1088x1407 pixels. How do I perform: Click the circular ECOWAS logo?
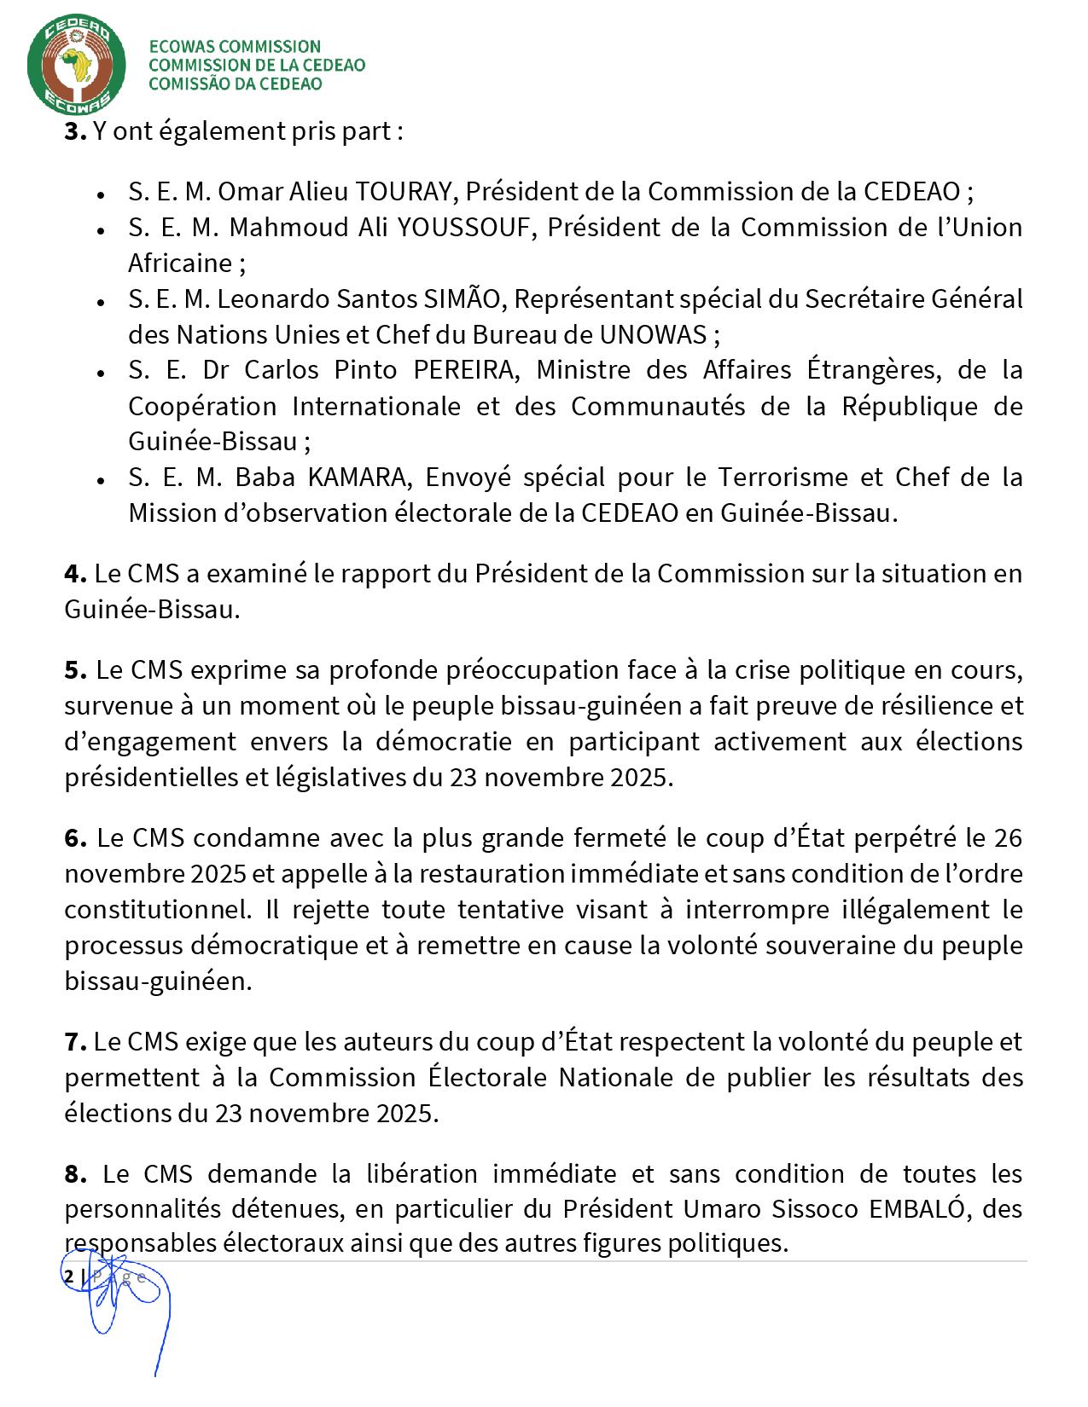coord(77,65)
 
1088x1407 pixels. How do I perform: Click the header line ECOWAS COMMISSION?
coord(235,47)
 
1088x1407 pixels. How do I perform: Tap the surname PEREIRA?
coord(465,371)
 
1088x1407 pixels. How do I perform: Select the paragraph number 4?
coord(75,574)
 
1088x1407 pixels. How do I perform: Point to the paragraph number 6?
coord(75,838)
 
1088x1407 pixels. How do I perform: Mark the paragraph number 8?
coord(75,1174)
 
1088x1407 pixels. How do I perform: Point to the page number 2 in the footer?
coord(68,1277)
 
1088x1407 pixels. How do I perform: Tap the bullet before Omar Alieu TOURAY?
coord(101,194)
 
